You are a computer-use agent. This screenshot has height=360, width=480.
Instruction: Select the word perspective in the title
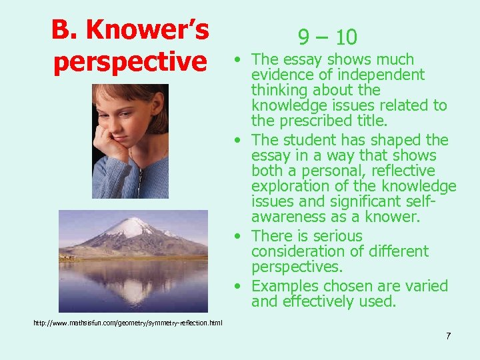click(x=130, y=61)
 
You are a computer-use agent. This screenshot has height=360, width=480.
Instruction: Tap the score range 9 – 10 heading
click(x=327, y=37)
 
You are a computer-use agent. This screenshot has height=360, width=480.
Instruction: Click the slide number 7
click(x=448, y=336)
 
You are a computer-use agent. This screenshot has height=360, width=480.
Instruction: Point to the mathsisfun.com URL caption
click(x=128, y=323)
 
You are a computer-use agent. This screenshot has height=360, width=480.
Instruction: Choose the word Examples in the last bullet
click(x=285, y=286)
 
